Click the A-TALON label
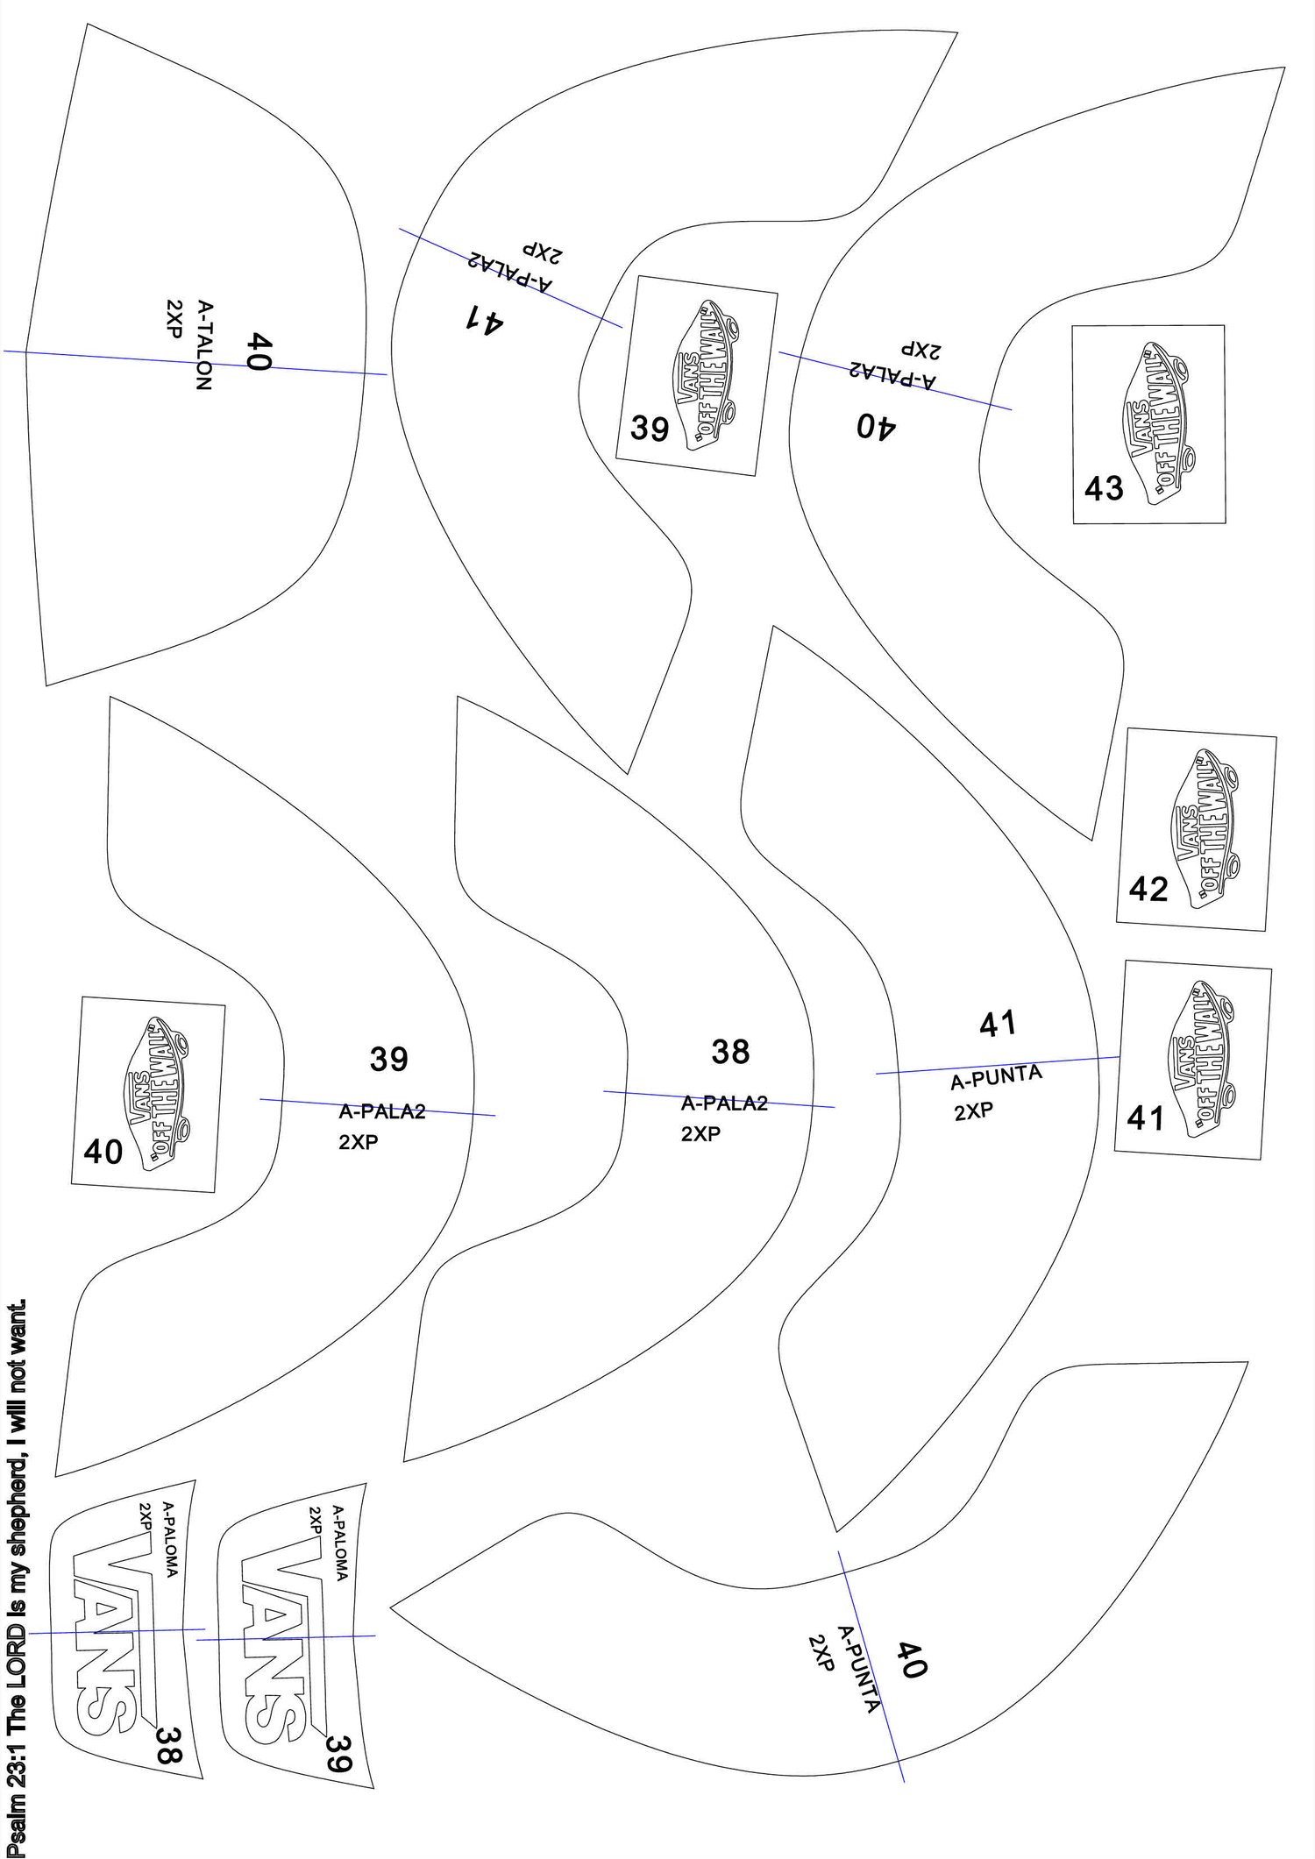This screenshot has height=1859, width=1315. (x=204, y=345)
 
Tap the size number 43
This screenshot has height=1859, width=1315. (x=1104, y=488)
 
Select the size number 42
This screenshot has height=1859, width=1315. (x=1148, y=890)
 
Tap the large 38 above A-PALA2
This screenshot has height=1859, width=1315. (x=730, y=1051)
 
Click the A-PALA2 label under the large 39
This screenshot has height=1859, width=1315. (x=382, y=1112)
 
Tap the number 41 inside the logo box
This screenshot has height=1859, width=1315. (x=1146, y=1118)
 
